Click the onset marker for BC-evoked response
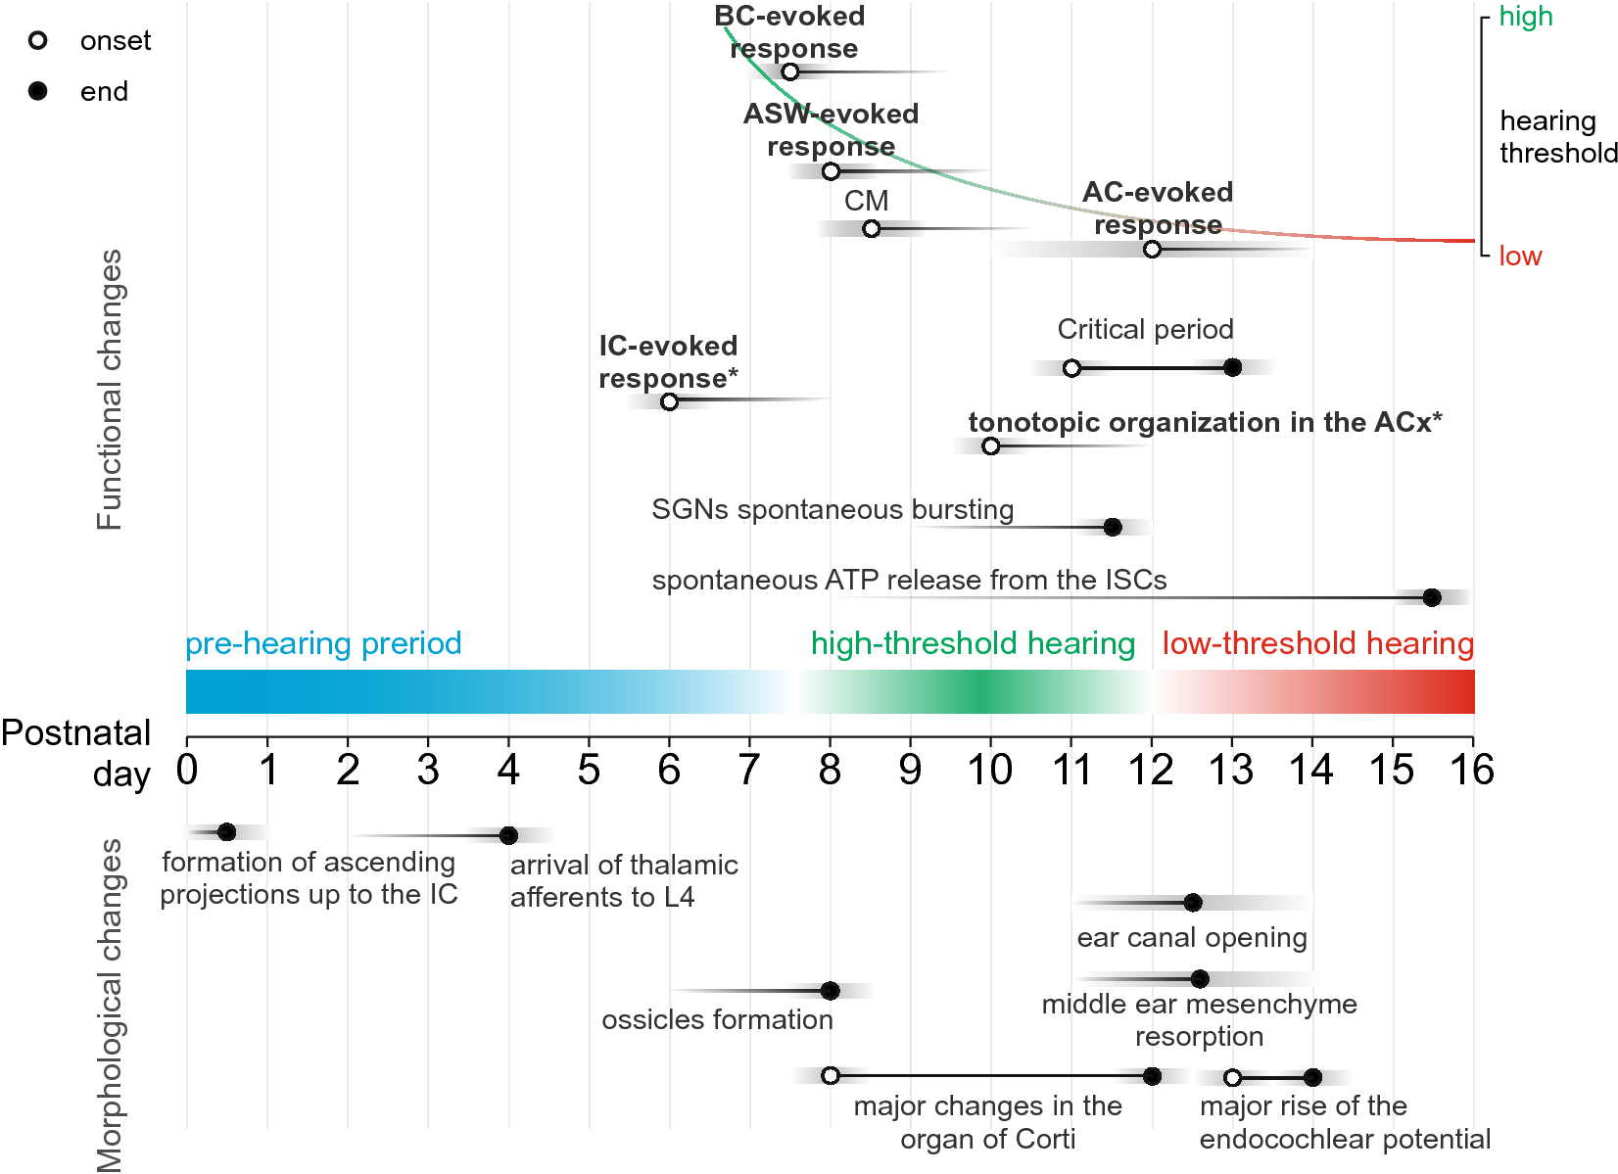790,71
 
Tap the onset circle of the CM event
871,228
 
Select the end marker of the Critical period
1232,367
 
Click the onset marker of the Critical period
1071,368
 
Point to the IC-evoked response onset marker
669,401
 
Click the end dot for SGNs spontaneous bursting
1112,527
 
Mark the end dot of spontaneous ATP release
1431,597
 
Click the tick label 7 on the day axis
749,771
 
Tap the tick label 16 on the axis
1471,771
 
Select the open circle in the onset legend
38,40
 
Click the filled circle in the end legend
38,91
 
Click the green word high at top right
1525,17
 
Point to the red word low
1519,257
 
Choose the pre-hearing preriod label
323,643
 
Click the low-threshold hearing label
1317,643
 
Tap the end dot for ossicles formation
830,990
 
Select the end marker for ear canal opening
1192,902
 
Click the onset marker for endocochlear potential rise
1232,1077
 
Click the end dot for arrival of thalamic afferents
508,835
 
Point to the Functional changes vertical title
110,390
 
